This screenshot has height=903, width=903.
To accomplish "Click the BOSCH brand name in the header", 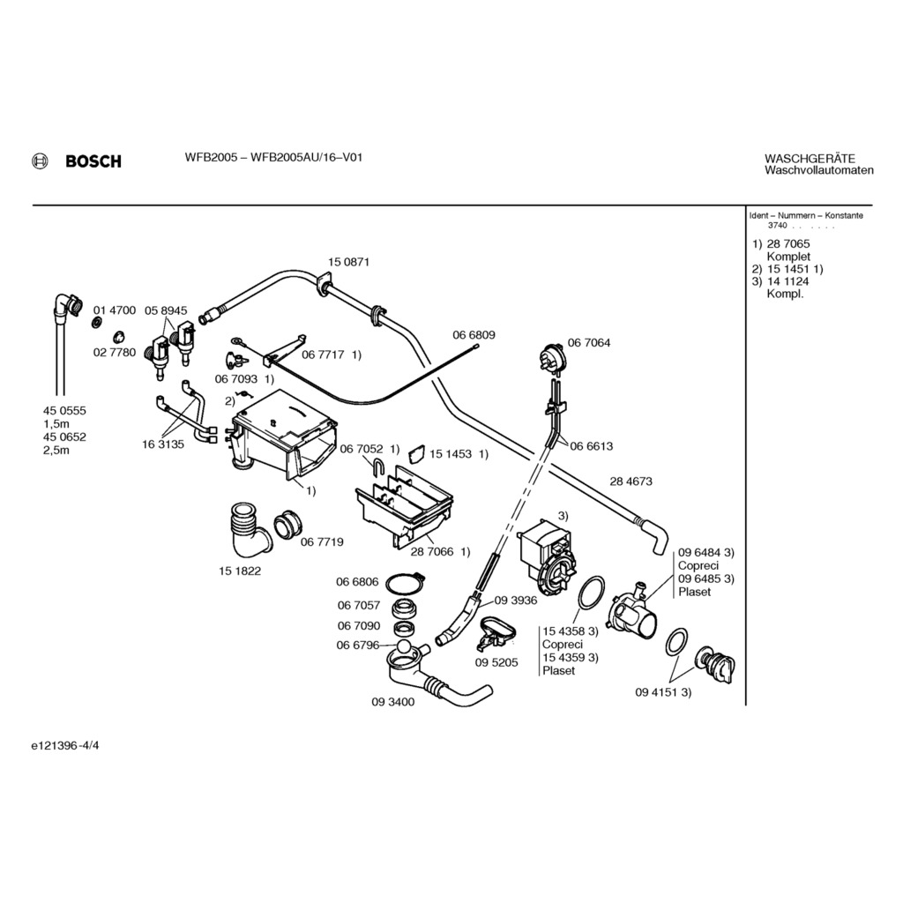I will (x=93, y=161).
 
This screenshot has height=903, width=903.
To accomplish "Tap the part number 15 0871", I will (x=348, y=262).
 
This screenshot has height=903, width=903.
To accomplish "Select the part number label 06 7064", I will (x=588, y=342).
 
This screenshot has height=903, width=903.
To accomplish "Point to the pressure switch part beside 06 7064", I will (x=552, y=358).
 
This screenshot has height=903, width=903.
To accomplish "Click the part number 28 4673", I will (x=631, y=481).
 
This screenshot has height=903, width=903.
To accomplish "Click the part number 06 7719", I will (x=322, y=541).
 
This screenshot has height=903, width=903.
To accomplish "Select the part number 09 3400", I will (x=392, y=702).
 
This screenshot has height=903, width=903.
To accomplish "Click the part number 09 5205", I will (x=496, y=662).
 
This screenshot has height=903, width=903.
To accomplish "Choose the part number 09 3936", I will (x=516, y=600).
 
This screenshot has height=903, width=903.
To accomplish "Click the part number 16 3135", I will (x=163, y=444).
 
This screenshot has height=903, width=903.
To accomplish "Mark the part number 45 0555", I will (x=64, y=411).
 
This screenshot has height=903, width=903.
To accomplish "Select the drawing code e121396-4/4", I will (x=71, y=746).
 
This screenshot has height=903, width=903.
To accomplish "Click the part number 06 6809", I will (x=474, y=335).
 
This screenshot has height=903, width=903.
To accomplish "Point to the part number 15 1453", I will (x=451, y=453).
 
